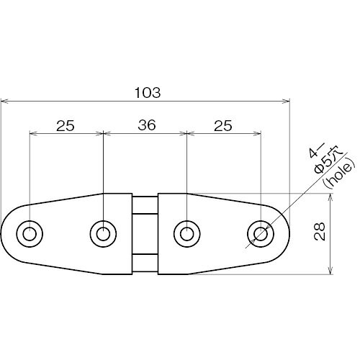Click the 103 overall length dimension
(148, 93)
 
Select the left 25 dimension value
(66, 125)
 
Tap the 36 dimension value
(147, 125)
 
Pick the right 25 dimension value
(223, 125)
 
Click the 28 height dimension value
(320, 232)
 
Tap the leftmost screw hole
(30, 233)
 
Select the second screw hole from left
(103, 233)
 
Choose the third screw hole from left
(186, 233)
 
